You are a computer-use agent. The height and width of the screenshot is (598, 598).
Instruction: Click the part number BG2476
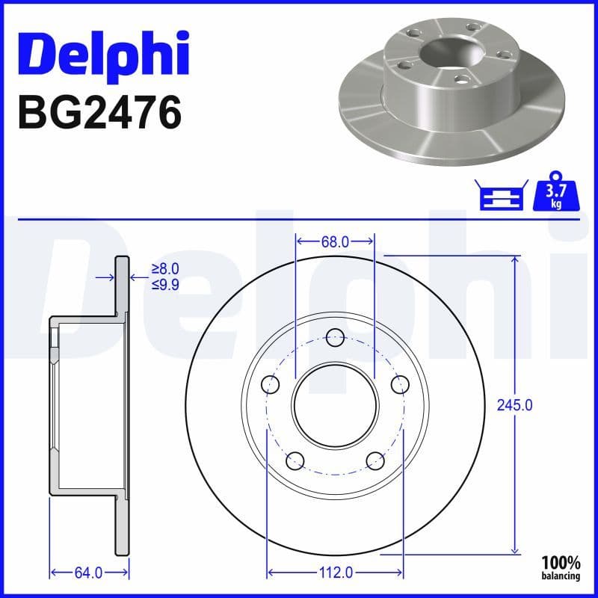(99, 113)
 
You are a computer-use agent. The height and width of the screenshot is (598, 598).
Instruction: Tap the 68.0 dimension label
(335, 242)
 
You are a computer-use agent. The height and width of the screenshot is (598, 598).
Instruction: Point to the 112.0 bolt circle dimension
(335, 573)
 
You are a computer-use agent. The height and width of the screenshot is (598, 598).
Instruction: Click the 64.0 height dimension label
(87, 573)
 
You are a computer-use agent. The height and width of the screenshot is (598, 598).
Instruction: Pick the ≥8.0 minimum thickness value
(165, 269)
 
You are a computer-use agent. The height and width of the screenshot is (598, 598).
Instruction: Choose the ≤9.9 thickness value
(165, 284)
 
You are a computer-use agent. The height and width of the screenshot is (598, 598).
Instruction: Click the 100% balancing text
(561, 567)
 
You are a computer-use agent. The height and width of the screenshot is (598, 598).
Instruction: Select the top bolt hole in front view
(336, 337)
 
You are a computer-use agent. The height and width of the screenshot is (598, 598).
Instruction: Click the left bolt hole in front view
(270, 385)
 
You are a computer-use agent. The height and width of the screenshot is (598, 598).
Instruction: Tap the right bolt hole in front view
(401, 385)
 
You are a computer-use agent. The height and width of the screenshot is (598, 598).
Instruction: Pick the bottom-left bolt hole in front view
(295, 460)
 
